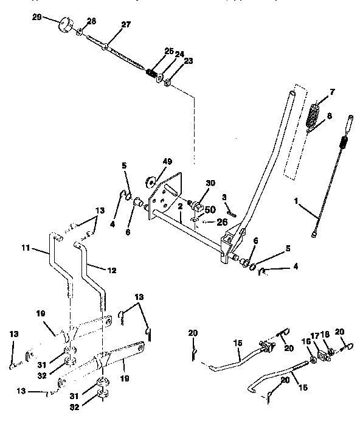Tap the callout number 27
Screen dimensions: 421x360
[x=126, y=25]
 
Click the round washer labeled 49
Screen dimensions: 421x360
[x=150, y=181]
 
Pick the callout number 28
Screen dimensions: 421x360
[x=91, y=21]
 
